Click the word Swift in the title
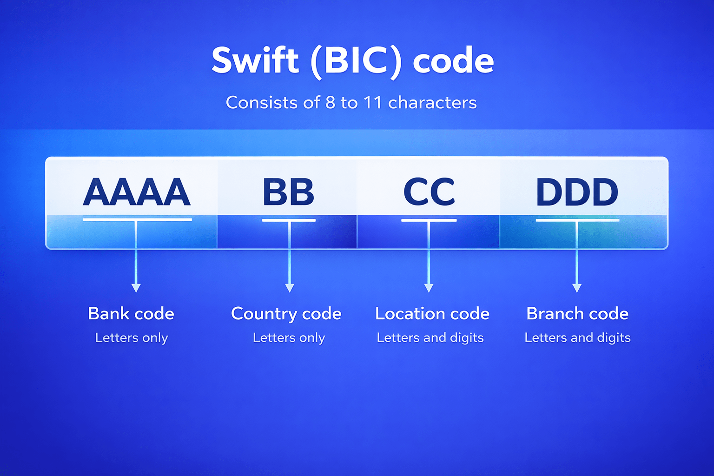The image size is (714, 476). [255, 60]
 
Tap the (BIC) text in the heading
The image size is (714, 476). [356, 60]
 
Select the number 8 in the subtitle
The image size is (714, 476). [331, 103]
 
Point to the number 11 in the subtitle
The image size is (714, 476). [372, 103]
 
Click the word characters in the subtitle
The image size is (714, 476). [432, 103]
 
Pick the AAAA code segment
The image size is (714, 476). [137, 192]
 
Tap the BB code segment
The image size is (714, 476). [288, 192]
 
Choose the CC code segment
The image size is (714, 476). [429, 192]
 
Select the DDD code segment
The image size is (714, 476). [577, 192]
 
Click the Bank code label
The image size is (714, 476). [131, 314]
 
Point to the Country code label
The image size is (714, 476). [286, 314]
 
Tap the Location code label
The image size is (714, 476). [432, 314]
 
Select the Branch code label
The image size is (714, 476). [577, 314]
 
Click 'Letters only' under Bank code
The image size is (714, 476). [132, 338]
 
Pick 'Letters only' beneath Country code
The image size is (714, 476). [289, 338]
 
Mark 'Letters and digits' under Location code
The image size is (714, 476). [430, 338]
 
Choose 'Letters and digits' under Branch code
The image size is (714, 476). [577, 338]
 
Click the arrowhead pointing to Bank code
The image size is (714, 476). [136, 288]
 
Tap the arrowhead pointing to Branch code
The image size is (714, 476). [577, 288]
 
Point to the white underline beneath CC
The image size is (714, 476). [429, 220]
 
